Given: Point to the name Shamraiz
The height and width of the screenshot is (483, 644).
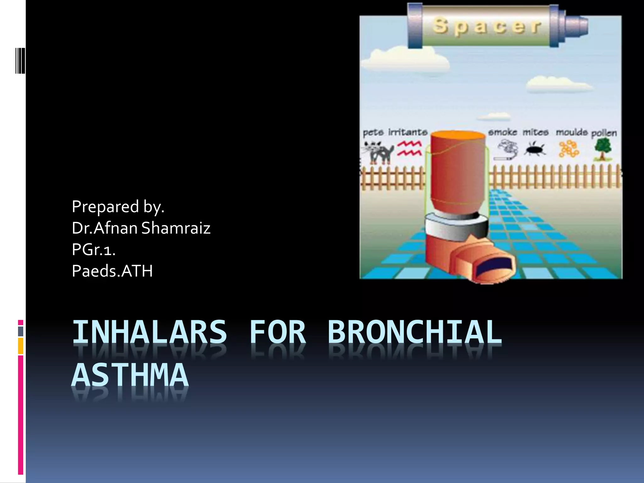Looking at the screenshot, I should coord(176,228).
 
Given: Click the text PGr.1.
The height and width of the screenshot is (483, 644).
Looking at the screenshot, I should coord(94,249).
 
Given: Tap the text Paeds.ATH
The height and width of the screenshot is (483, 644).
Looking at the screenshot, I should coord(112,271).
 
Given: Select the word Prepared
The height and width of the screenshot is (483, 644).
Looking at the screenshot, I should coord(105,207).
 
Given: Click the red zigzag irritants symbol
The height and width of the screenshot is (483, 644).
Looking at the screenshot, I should coord(409,148).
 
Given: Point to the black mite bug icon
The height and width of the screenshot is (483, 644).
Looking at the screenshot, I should coord(535,149).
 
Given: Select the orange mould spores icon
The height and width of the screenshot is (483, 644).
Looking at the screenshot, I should coord(569,149).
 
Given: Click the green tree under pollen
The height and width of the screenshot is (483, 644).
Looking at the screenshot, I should coord(603,149).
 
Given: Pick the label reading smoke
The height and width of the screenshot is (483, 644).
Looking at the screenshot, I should coord(502,132).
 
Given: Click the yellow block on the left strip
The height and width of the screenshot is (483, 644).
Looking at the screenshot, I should coord(20,346).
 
